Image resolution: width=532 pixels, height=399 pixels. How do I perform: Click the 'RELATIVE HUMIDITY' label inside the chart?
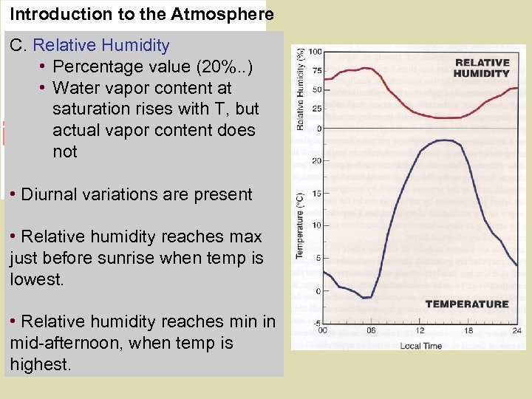482,68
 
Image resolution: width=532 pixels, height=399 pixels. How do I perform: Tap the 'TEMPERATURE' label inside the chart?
467,304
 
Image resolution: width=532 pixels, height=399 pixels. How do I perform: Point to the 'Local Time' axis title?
420,345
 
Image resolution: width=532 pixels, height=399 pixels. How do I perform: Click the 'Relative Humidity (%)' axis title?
301,89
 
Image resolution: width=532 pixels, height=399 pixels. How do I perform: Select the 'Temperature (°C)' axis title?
301,225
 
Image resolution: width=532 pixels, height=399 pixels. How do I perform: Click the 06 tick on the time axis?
371,331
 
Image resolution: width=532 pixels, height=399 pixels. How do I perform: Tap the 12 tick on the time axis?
420,331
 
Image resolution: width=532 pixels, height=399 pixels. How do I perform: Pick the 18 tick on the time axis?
469,331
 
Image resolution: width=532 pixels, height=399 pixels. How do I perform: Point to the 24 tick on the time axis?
517,331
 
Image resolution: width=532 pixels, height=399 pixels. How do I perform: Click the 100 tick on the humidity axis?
315,52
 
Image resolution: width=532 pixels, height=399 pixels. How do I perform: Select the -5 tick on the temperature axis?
316,324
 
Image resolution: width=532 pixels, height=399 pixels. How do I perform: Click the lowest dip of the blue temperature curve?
365,298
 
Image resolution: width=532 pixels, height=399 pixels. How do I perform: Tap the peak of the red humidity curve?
364,69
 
